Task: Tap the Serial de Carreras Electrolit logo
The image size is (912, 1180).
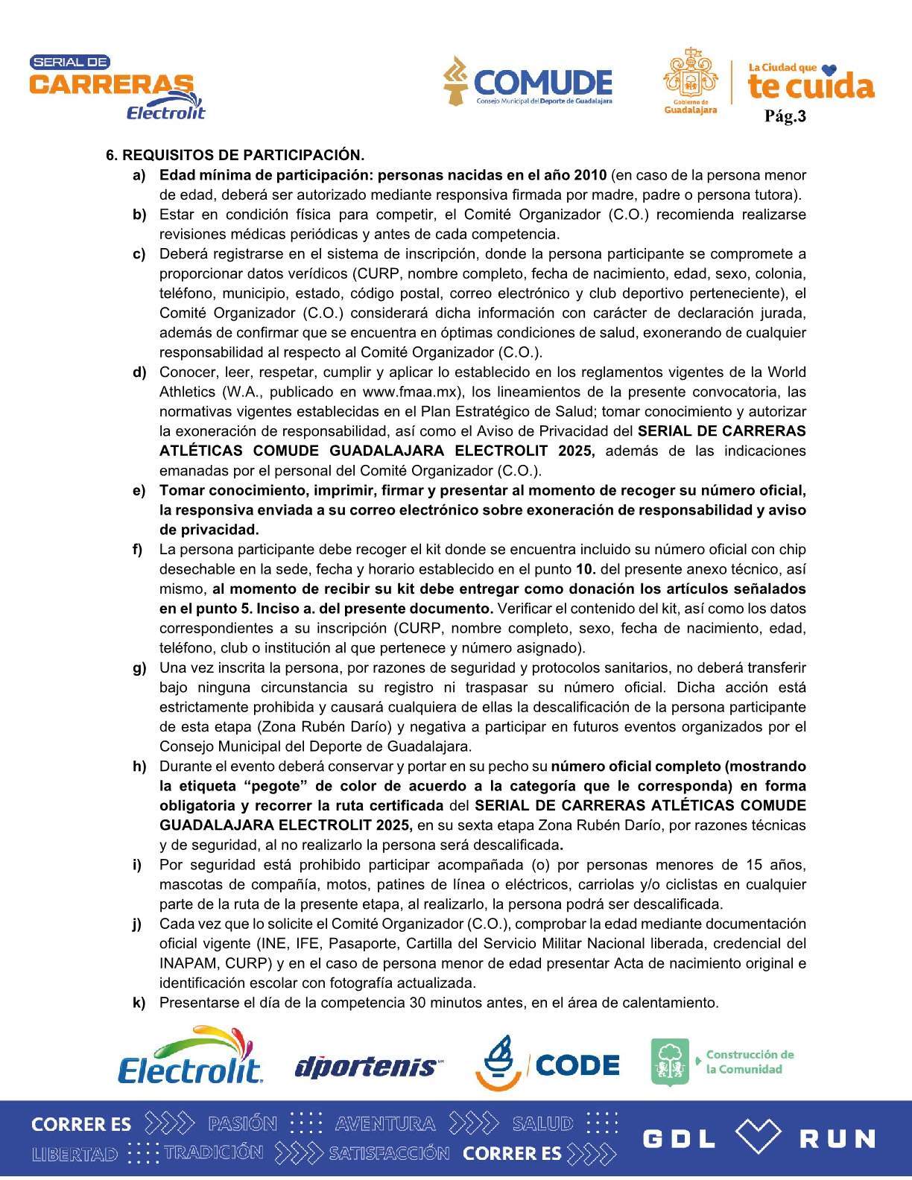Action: (x=116, y=88)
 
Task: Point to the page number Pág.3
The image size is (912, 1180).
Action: (x=785, y=116)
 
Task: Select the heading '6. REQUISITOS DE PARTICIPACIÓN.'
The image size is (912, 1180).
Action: (x=235, y=156)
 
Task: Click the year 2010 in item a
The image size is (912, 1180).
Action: (x=590, y=175)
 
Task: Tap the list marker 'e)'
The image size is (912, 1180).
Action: (x=139, y=491)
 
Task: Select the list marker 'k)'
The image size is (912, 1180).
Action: (x=139, y=1003)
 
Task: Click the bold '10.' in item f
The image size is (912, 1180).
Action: (x=586, y=569)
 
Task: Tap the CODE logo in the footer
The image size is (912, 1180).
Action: (x=548, y=1064)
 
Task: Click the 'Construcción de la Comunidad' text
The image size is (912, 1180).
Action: (x=750, y=1062)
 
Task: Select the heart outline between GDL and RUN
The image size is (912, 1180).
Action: (x=758, y=1137)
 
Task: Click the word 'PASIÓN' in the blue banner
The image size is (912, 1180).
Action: (x=242, y=1123)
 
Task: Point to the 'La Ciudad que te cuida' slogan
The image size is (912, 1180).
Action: (x=811, y=81)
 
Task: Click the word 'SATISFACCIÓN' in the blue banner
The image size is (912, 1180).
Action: (x=389, y=1153)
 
